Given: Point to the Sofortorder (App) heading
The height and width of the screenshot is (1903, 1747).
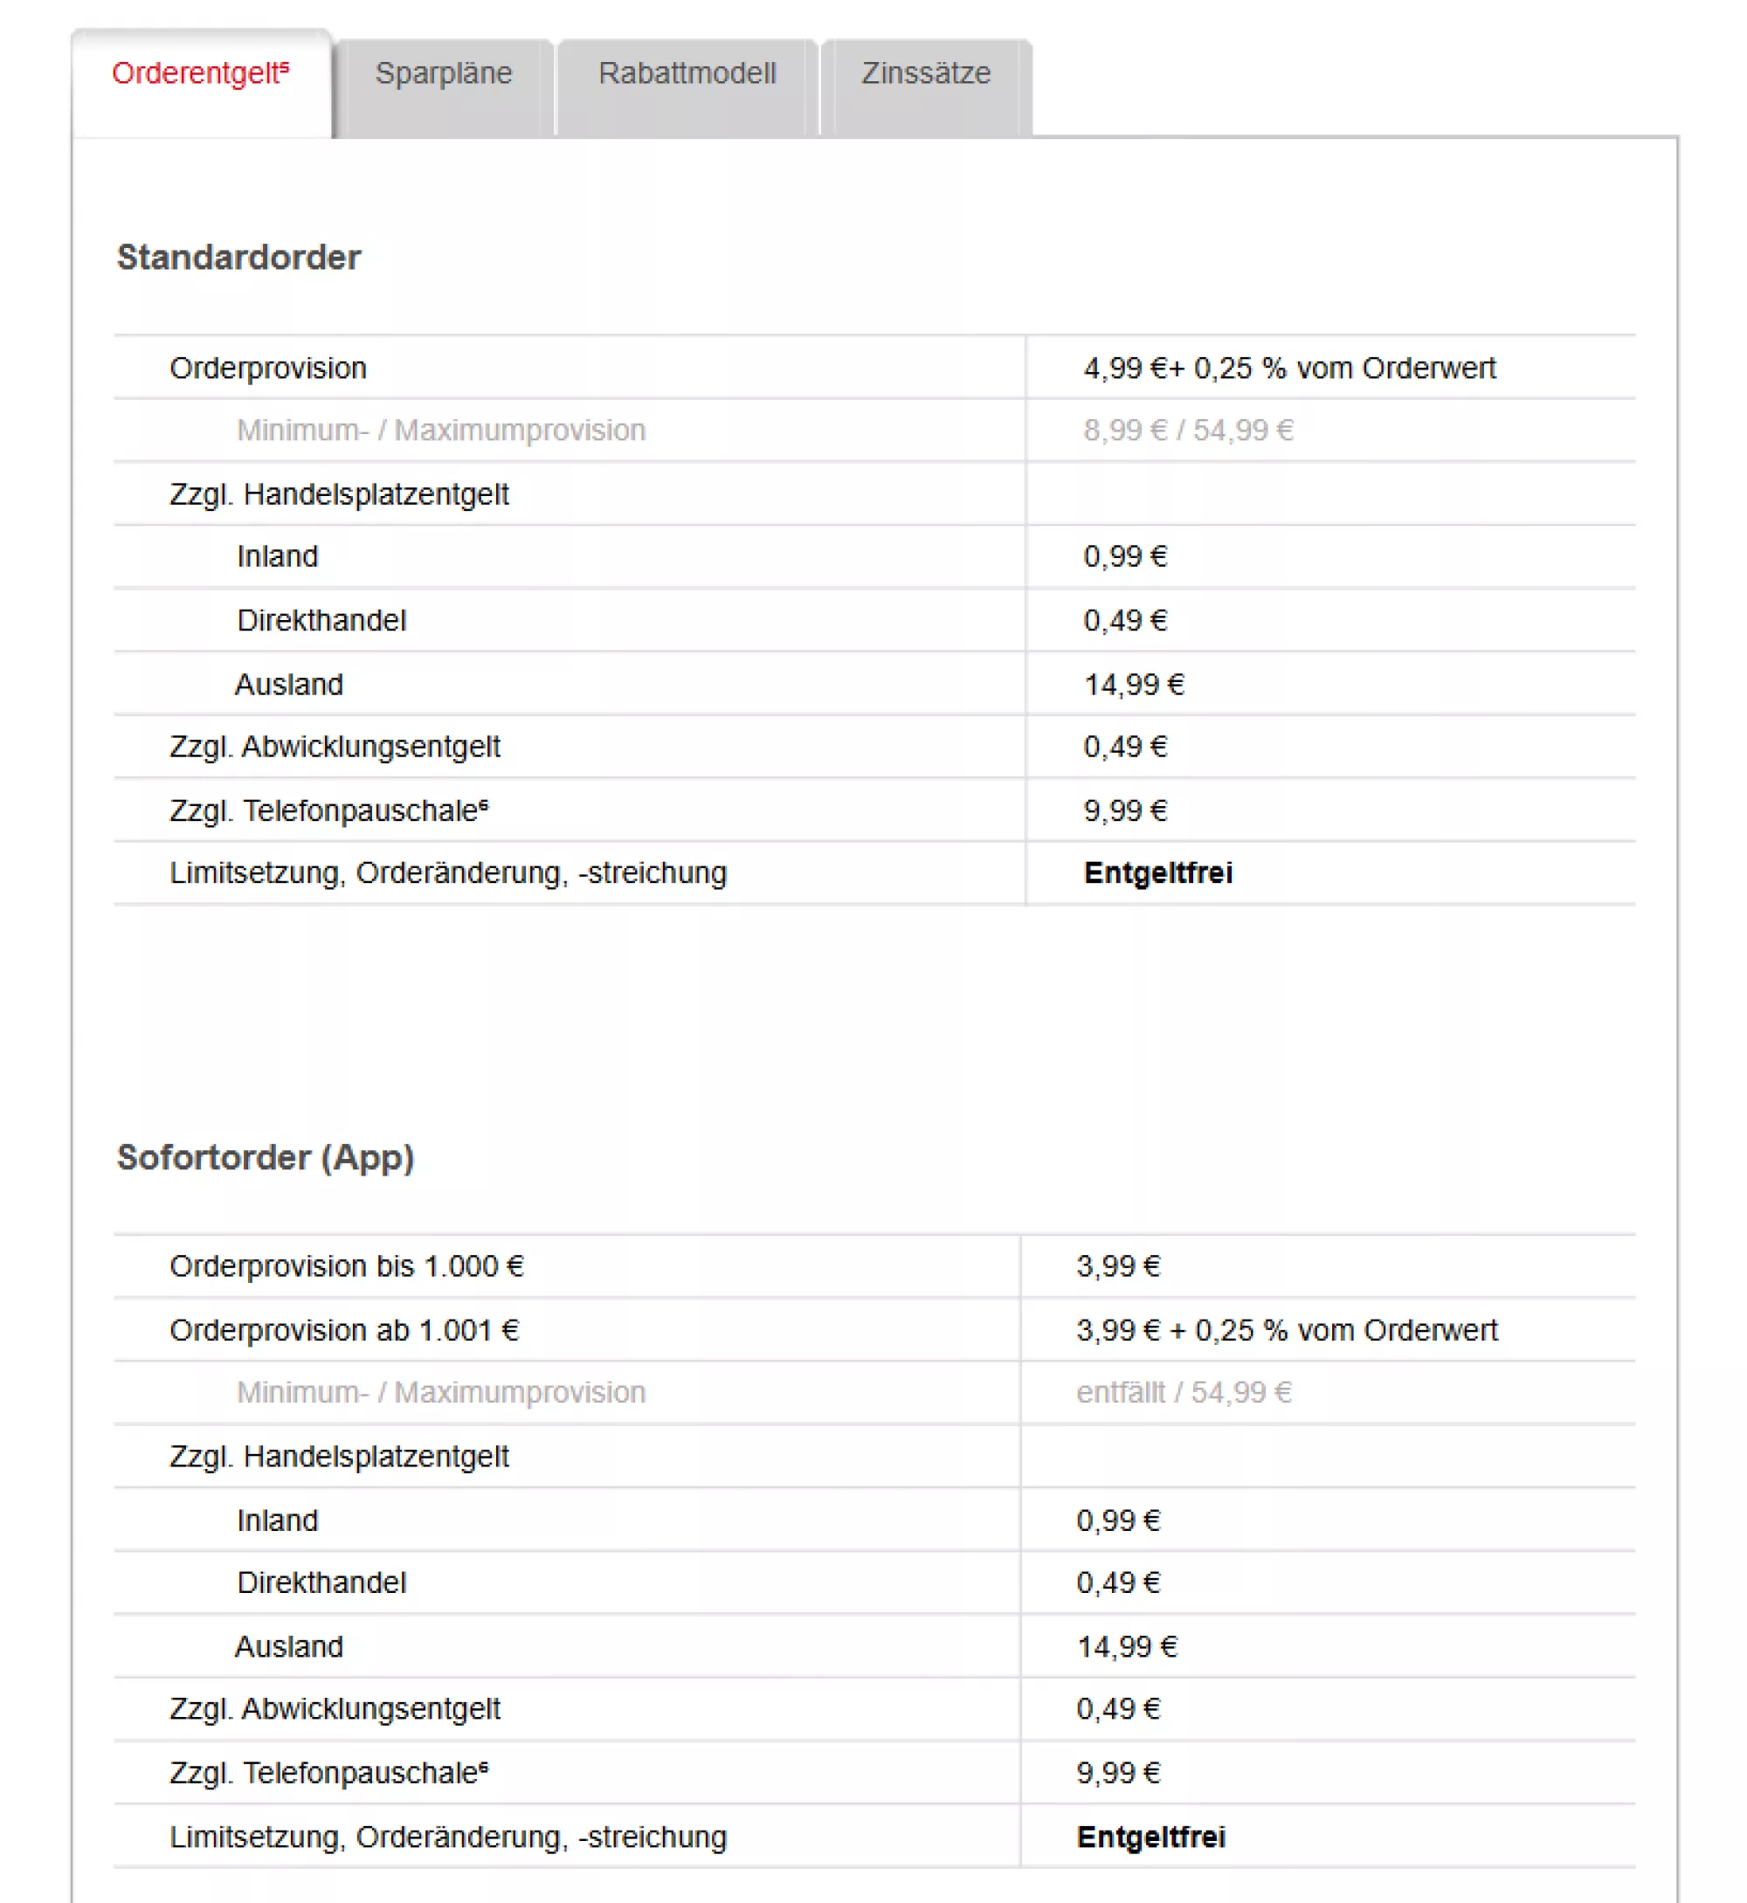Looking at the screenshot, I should pos(266,1158).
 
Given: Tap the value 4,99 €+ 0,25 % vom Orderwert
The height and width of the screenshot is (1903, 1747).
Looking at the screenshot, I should pos(1289,369).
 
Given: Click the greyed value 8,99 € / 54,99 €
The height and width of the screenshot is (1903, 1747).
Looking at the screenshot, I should pos(1188,431).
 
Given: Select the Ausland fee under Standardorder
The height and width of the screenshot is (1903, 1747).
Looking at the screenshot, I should pos(1134,685).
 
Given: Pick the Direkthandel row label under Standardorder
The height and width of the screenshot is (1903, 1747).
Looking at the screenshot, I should pos(321,621).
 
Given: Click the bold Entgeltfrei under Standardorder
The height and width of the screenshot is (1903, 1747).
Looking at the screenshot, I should pos(1158,873).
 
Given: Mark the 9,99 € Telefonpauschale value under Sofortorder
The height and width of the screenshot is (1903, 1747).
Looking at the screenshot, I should pos(1118,1774).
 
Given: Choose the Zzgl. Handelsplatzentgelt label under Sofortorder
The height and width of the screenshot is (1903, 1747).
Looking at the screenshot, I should pos(338,1457).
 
